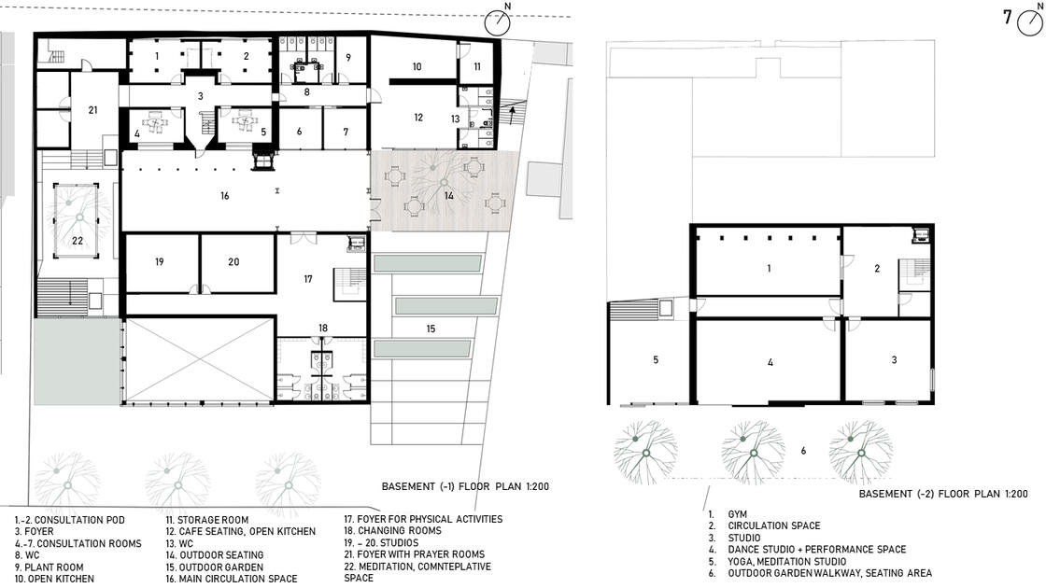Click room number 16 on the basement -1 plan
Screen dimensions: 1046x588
click(x=225, y=196)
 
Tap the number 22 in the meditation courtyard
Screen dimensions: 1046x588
click(x=78, y=241)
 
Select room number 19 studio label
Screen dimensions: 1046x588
click(x=160, y=262)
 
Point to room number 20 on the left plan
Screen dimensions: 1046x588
click(x=233, y=262)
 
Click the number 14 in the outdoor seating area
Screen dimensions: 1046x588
click(x=449, y=196)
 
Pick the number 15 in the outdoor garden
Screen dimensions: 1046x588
click(x=431, y=329)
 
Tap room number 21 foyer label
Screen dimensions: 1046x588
click(x=92, y=110)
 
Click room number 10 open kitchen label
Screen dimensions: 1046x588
click(x=417, y=66)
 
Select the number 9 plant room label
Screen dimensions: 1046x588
click(x=348, y=58)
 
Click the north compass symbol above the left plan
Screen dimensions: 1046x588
click(x=497, y=22)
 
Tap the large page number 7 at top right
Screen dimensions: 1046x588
click(x=1008, y=17)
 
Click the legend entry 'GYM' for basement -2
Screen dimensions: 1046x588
click(x=737, y=514)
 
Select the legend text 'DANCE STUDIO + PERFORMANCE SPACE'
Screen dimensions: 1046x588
click(x=816, y=550)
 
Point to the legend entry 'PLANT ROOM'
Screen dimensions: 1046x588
click(x=54, y=567)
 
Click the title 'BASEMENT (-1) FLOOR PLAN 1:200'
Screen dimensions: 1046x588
click(x=465, y=486)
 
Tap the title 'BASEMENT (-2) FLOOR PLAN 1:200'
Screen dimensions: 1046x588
click(x=943, y=494)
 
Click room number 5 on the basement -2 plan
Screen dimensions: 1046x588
click(x=656, y=360)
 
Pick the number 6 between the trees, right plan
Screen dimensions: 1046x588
click(x=803, y=452)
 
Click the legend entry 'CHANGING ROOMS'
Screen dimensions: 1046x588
click(x=400, y=531)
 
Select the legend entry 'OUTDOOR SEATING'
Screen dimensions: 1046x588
click(x=221, y=554)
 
